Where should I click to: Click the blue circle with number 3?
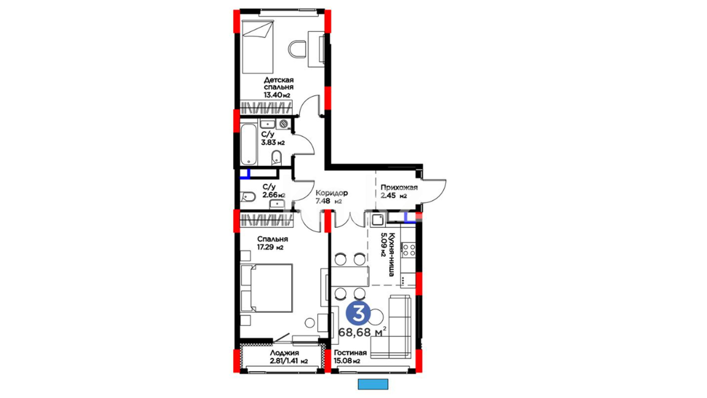358,313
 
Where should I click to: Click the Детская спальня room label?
279,83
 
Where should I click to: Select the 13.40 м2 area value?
277,95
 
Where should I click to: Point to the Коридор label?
331,193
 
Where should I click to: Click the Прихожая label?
399,187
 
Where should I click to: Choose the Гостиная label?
350,353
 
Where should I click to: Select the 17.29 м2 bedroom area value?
270,247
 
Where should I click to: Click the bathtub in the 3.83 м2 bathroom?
249,144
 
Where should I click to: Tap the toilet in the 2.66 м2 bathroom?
248,197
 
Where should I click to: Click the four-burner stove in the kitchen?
408,250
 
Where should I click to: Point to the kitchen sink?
377,220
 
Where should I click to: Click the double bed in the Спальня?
267,288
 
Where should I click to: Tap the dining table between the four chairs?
349,276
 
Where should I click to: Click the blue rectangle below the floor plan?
373,384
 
